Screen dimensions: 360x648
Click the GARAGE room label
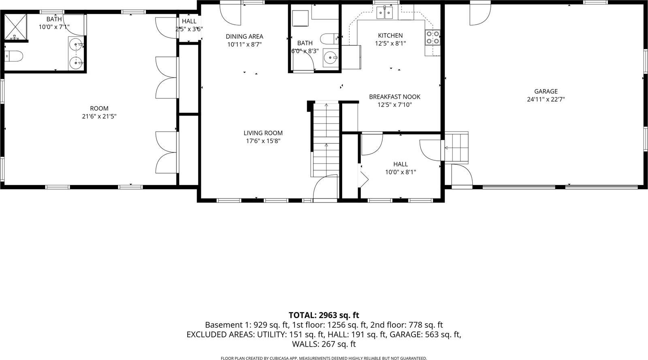[546, 92]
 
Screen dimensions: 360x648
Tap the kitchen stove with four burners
[432, 38]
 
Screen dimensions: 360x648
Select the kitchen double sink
[385, 13]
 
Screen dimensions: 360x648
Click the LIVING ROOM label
[263, 133]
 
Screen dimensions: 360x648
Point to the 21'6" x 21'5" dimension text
[99, 117]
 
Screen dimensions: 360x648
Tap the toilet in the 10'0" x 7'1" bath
[13, 56]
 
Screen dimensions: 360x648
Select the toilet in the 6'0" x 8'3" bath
[327, 39]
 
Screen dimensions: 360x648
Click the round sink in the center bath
[331, 58]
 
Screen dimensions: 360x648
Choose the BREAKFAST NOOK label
[394, 97]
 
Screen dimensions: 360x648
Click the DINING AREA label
[244, 36]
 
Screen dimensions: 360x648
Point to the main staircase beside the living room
[326, 138]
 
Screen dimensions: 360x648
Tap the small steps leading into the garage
[456, 147]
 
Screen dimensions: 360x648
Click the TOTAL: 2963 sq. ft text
[324, 315]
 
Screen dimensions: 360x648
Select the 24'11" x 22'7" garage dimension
[546, 100]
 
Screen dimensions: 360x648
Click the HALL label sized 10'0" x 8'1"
[400, 164]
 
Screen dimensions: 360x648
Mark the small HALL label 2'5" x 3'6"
[189, 21]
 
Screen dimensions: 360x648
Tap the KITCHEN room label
[390, 36]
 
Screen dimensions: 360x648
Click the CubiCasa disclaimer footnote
[324, 358]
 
